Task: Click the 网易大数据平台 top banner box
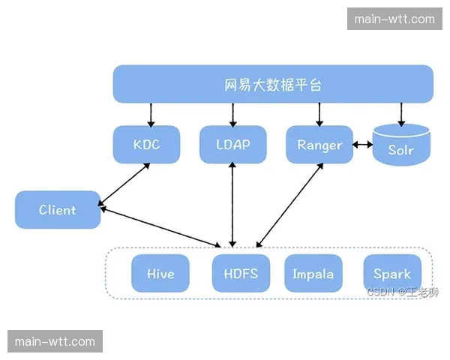point(273,84)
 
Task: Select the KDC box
point(147,145)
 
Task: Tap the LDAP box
point(233,145)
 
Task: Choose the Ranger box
point(319,145)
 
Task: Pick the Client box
point(58,210)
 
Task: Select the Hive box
point(160,274)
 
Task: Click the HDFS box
point(241,274)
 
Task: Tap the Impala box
point(313,274)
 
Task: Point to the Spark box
point(392,274)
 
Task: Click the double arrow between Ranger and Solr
point(363,145)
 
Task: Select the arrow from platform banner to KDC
point(151,115)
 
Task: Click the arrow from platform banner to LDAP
point(233,115)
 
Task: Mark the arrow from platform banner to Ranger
point(320,115)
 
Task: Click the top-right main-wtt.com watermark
point(394,19)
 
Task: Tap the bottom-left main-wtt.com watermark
point(55,342)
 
